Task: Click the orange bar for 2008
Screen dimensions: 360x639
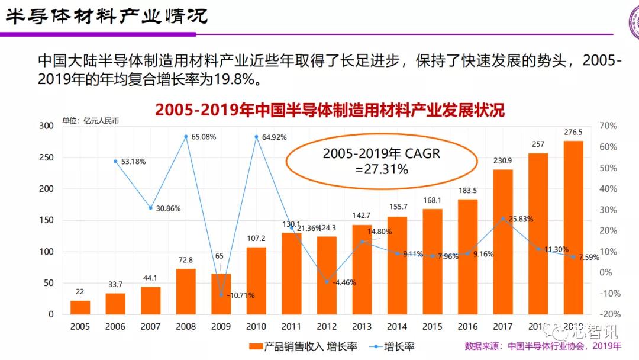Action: tap(186, 291)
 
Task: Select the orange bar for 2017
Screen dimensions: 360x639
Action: tap(503, 242)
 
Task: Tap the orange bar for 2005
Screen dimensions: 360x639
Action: tap(80, 307)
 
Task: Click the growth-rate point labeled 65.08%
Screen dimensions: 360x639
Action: tap(186, 137)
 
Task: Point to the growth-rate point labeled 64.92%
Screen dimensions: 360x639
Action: tap(256, 137)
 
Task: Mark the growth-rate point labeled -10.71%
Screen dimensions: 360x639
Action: tap(221, 294)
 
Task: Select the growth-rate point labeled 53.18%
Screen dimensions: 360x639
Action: tap(115, 161)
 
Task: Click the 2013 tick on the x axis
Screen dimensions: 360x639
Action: tap(362, 326)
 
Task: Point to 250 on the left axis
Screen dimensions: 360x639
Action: tap(45, 157)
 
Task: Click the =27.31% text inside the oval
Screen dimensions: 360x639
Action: tap(381, 169)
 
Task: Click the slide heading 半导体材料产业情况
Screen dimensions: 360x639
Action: tap(106, 15)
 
